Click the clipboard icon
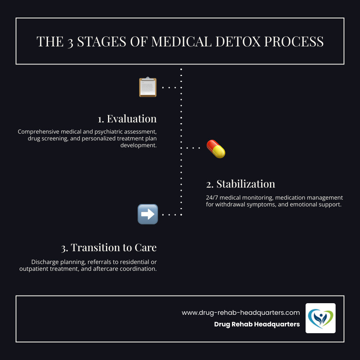(148, 87)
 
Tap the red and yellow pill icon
(216, 149)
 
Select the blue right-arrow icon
(148, 214)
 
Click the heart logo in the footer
(320, 318)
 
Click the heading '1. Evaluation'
(127, 119)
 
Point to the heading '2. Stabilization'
(240, 184)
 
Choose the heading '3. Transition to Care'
(109, 248)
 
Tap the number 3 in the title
(70, 42)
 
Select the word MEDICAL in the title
(178, 42)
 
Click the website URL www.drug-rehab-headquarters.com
(240, 312)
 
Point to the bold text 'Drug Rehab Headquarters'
(257, 324)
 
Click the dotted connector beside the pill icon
(193, 148)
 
